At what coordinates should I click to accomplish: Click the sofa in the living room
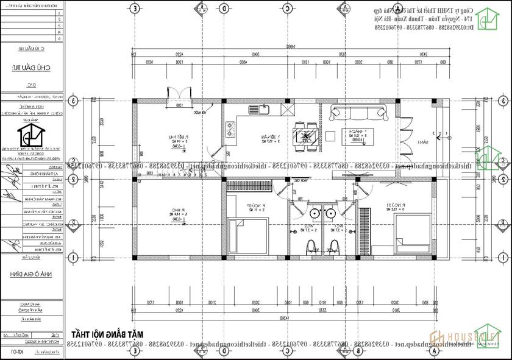click(358, 112)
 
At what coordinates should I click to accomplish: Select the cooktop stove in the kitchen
click(232, 129)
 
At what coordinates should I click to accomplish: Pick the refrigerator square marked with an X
click(286, 110)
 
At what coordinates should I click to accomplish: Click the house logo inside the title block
click(27, 135)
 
